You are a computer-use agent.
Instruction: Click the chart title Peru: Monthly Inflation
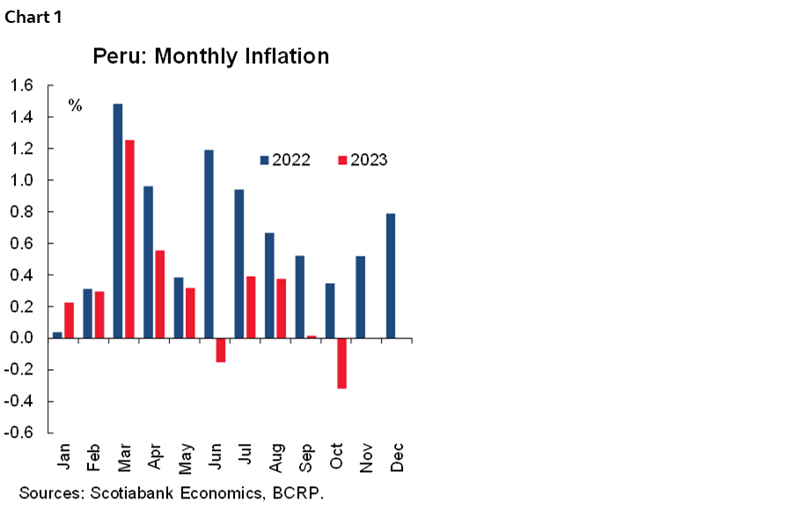pyautogui.click(x=211, y=56)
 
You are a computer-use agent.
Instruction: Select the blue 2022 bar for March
pyautogui.click(x=118, y=221)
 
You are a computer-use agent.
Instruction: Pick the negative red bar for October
pyautogui.click(x=341, y=363)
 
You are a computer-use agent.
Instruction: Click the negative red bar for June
pyautogui.click(x=220, y=350)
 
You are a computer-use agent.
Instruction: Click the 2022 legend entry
pyautogui.click(x=284, y=160)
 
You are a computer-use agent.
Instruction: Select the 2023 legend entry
pyautogui.click(x=362, y=160)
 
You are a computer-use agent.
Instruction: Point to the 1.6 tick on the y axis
pyautogui.click(x=21, y=85)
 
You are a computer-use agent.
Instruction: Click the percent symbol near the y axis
pyautogui.click(x=76, y=105)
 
